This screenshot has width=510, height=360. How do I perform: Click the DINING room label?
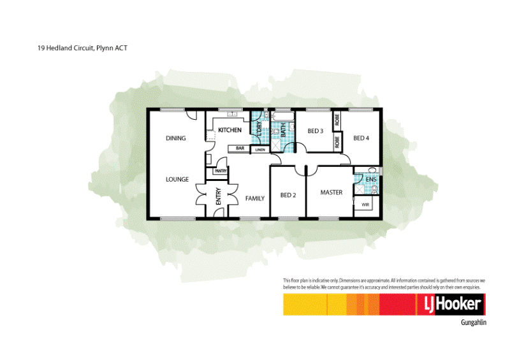click(175, 138)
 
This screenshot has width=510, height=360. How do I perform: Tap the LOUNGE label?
click(177, 180)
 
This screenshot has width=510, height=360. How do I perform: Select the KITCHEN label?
click(229, 130)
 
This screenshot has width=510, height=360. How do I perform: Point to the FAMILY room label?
click(255, 199)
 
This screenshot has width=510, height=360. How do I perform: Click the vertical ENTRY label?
click(218, 198)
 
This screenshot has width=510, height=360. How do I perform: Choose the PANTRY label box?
click(221, 171)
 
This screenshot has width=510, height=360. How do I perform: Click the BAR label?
click(240, 148)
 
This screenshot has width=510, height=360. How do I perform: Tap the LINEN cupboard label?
click(260, 150)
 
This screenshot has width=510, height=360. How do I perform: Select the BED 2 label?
click(288, 196)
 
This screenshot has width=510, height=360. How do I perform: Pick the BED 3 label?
click(316, 131)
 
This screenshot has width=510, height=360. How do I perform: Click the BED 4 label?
click(361, 138)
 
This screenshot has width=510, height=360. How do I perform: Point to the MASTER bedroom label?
click(331, 192)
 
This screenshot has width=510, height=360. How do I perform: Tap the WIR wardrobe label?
click(365, 205)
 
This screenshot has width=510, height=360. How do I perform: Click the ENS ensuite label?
click(371, 180)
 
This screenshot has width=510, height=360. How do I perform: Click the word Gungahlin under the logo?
click(473, 323)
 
